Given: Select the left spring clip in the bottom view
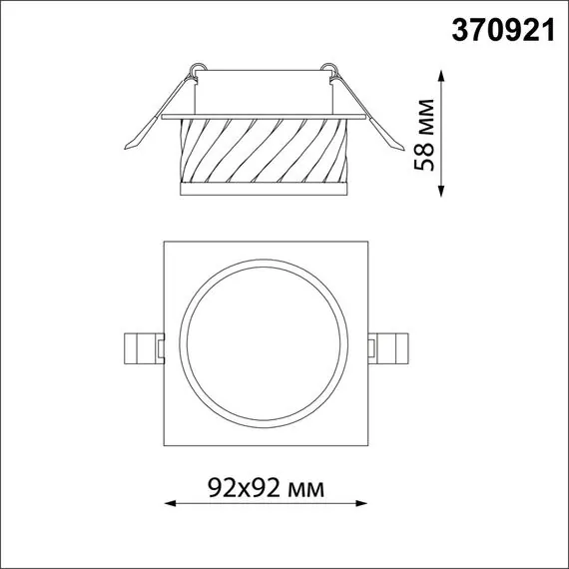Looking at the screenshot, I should click(x=138, y=347).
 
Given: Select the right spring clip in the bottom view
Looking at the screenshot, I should click(x=390, y=347).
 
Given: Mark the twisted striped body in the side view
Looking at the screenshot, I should click(x=264, y=151).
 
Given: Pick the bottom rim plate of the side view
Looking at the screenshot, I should click(x=264, y=189).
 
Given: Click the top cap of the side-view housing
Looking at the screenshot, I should click(x=264, y=90).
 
